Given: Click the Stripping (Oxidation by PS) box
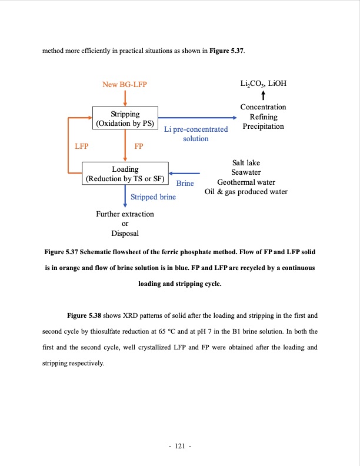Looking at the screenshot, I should (125, 118).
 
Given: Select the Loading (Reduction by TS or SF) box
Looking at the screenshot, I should (125, 174).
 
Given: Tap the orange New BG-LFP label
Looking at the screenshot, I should (124, 85).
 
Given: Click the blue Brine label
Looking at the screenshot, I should (185, 184).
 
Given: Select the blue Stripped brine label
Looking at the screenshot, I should (153, 197).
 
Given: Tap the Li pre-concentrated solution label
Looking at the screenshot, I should (196, 134).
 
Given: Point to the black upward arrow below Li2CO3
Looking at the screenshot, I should (263, 95).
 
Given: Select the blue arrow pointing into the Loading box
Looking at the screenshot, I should (185, 174).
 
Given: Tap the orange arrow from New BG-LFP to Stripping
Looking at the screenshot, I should (125, 98).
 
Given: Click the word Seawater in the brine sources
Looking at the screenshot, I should (246, 172).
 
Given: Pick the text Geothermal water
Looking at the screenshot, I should (246, 182).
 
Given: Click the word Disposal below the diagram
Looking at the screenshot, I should (125, 234).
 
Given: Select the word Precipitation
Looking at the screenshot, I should (263, 127).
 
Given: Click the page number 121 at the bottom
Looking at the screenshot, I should (180, 447).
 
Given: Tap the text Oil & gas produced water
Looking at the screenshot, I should (246, 192).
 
